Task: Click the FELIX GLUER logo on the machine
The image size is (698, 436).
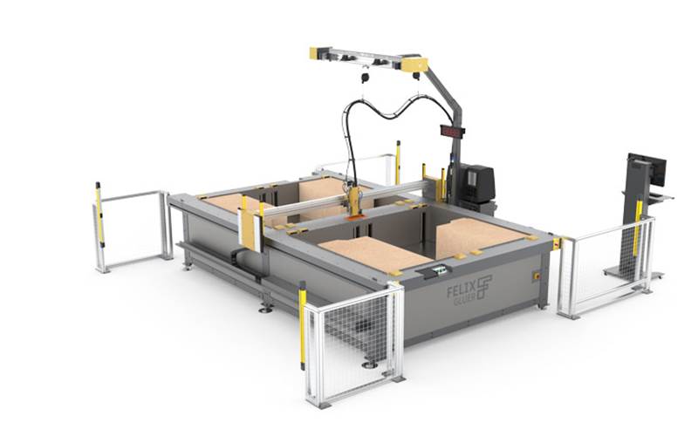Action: tap(469, 287)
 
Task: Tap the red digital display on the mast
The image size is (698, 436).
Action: tap(452, 132)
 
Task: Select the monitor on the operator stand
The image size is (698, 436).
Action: tap(651, 169)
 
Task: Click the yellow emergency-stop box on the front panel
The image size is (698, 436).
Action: tap(535, 276)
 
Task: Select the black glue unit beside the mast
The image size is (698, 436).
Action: tap(477, 183)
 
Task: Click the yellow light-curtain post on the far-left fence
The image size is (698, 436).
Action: tap(99, 215)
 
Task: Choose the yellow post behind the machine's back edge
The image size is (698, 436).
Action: tap(398, 162)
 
